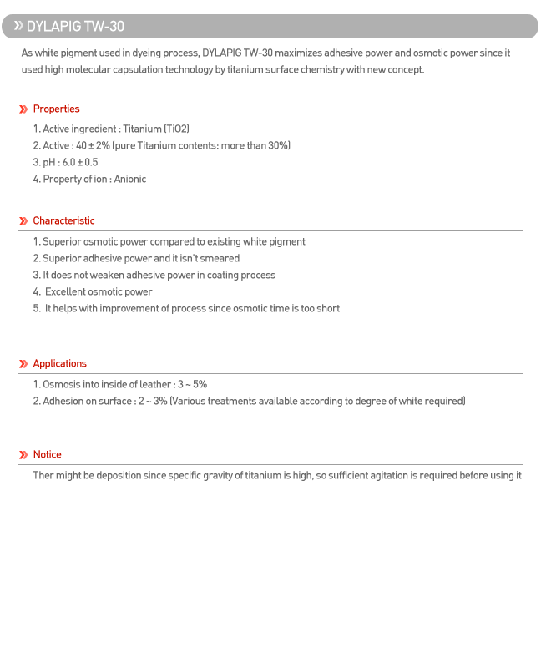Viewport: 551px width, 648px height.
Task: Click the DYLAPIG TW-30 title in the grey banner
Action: click(x=75, y=27)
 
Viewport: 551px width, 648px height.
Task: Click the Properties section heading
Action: click(x=56, y=109)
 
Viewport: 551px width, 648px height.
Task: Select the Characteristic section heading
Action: click(x=63, y=221)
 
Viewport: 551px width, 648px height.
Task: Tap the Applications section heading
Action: click(x=59, y=364)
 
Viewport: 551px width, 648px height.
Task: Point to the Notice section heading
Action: click(x=47, y=455)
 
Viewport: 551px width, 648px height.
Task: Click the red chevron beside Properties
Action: click(x=23, y=109)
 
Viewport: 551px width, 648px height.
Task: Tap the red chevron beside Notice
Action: click(x=23, y=455)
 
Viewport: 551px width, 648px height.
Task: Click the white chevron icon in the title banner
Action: click(x=18, y=26)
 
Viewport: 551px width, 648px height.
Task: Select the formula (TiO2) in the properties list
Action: click(x=177, y=129)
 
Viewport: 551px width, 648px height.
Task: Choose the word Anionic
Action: click(x=130, y=180)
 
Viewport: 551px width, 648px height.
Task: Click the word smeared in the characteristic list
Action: click(x=220, y=259)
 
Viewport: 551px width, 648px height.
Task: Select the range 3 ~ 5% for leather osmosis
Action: click(x=192, y=385)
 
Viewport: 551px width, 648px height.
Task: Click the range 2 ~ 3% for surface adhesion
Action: click(x=153, y=402)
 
